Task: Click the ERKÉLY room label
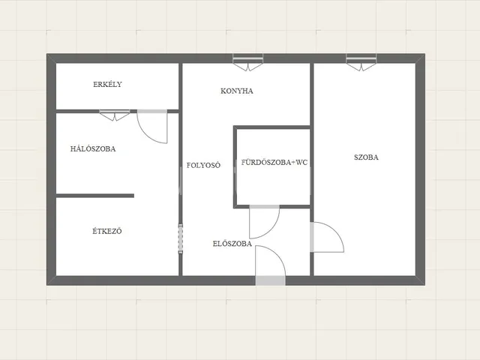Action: coord(107,84)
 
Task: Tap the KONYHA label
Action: coord(237,91)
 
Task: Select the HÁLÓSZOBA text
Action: coord(93,148)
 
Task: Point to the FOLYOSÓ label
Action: coord(203,165)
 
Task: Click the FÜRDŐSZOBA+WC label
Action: coord(274,162)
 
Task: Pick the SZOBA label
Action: coord(366,157)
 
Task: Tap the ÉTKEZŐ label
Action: coord(107,231)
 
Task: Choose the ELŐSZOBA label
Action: coord(232,244)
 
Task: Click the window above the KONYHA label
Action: coord(248,62)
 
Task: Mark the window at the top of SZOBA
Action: coord(361,62)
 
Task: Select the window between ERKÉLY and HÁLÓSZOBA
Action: coord(115,115)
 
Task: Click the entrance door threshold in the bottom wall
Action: coord(271,280)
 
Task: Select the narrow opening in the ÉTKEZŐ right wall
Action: coord(181,238)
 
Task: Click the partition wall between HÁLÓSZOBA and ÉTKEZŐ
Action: coord(95,196)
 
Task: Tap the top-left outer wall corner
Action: coord(46,54)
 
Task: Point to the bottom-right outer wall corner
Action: coord(424,285)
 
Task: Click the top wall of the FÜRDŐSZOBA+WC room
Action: coord(271,127)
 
